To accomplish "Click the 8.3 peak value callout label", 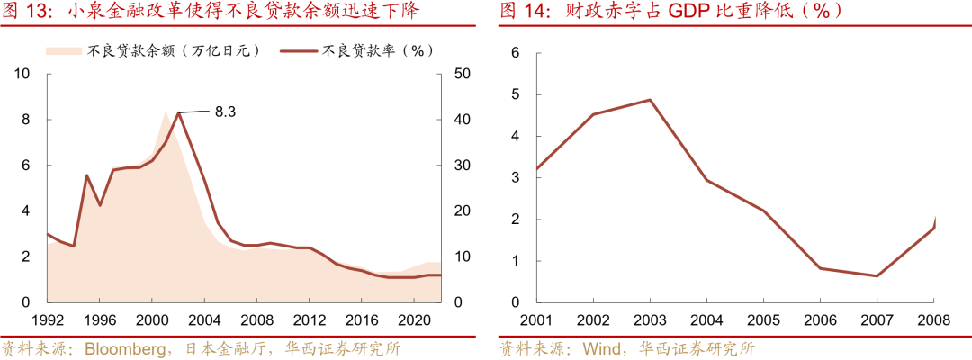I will [x=226, y=112].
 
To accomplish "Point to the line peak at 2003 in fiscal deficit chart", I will [x=650, y=100].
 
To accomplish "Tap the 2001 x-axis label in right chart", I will [x=536, y=320].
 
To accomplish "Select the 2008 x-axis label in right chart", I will [x=934, y=320].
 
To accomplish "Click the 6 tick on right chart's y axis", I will [x=516, y=53].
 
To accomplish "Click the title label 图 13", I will [x=22, y=12].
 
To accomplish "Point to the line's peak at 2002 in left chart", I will [x=179, y=112].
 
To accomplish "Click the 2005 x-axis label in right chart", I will [x=763, y=320].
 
